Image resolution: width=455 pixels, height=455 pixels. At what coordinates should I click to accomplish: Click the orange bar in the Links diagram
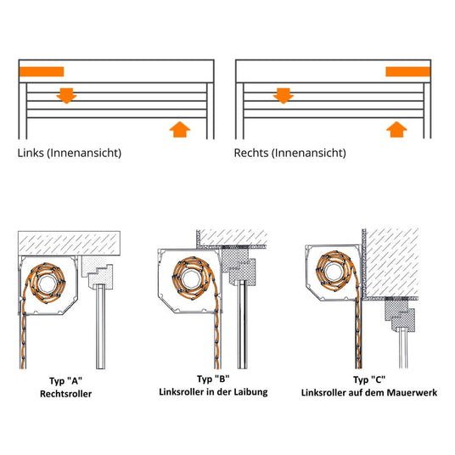41,72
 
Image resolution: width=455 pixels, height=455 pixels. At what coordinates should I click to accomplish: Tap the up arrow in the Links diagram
178,128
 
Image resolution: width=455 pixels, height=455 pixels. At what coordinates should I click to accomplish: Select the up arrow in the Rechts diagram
396,128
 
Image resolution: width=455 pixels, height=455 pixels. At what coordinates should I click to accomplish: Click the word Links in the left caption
31,154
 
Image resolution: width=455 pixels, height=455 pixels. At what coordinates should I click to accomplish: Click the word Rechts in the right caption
253,154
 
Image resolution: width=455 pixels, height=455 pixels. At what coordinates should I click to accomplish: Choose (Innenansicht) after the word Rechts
310,154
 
